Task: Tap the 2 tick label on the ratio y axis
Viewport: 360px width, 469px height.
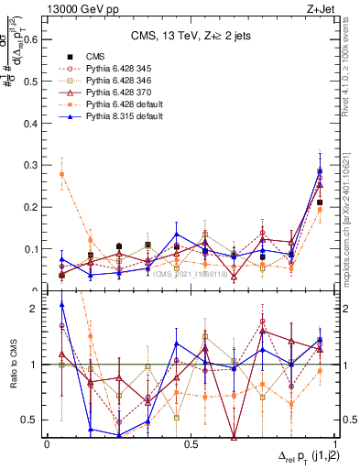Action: coord(37,309)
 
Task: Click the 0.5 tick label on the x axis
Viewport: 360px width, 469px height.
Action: coord(191,444)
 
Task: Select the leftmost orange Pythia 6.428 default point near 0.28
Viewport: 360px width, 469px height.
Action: coord(61,174)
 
